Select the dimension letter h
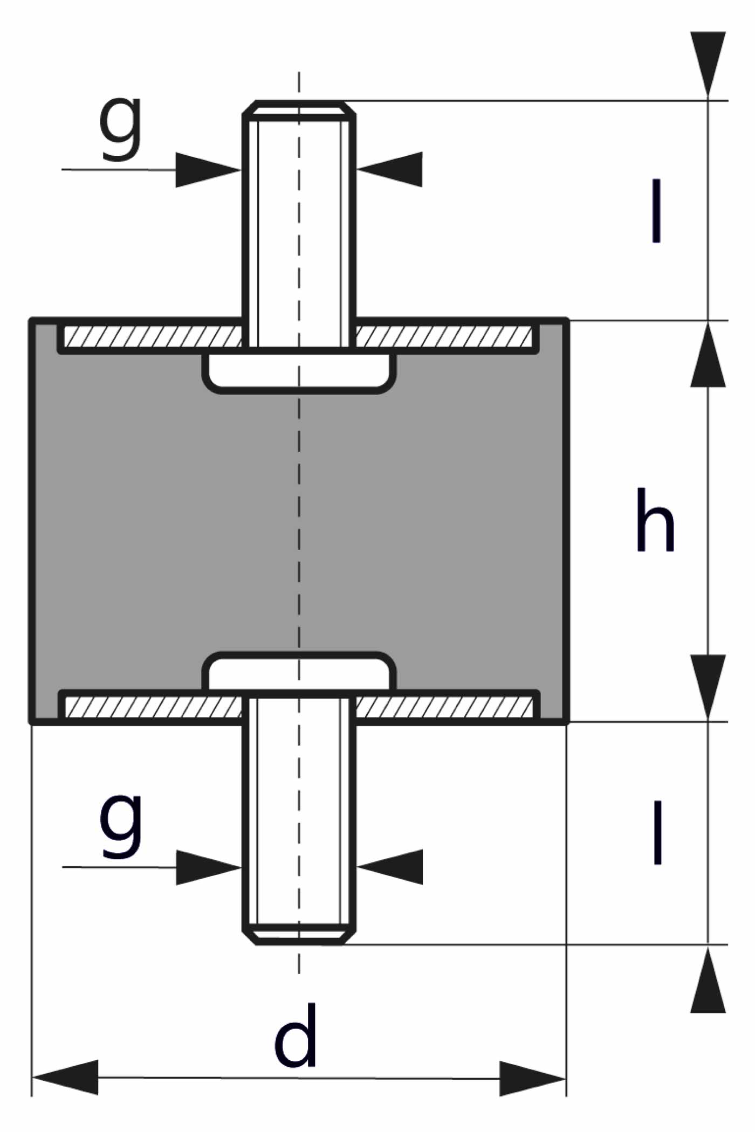coord(655,521)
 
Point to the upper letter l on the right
coord(656,211)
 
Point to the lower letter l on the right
coord(657,833)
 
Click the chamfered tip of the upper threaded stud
coord(299,108)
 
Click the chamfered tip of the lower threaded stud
coord(299,936)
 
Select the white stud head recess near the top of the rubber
coord(299,370)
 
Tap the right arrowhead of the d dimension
coord(532,1079)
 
